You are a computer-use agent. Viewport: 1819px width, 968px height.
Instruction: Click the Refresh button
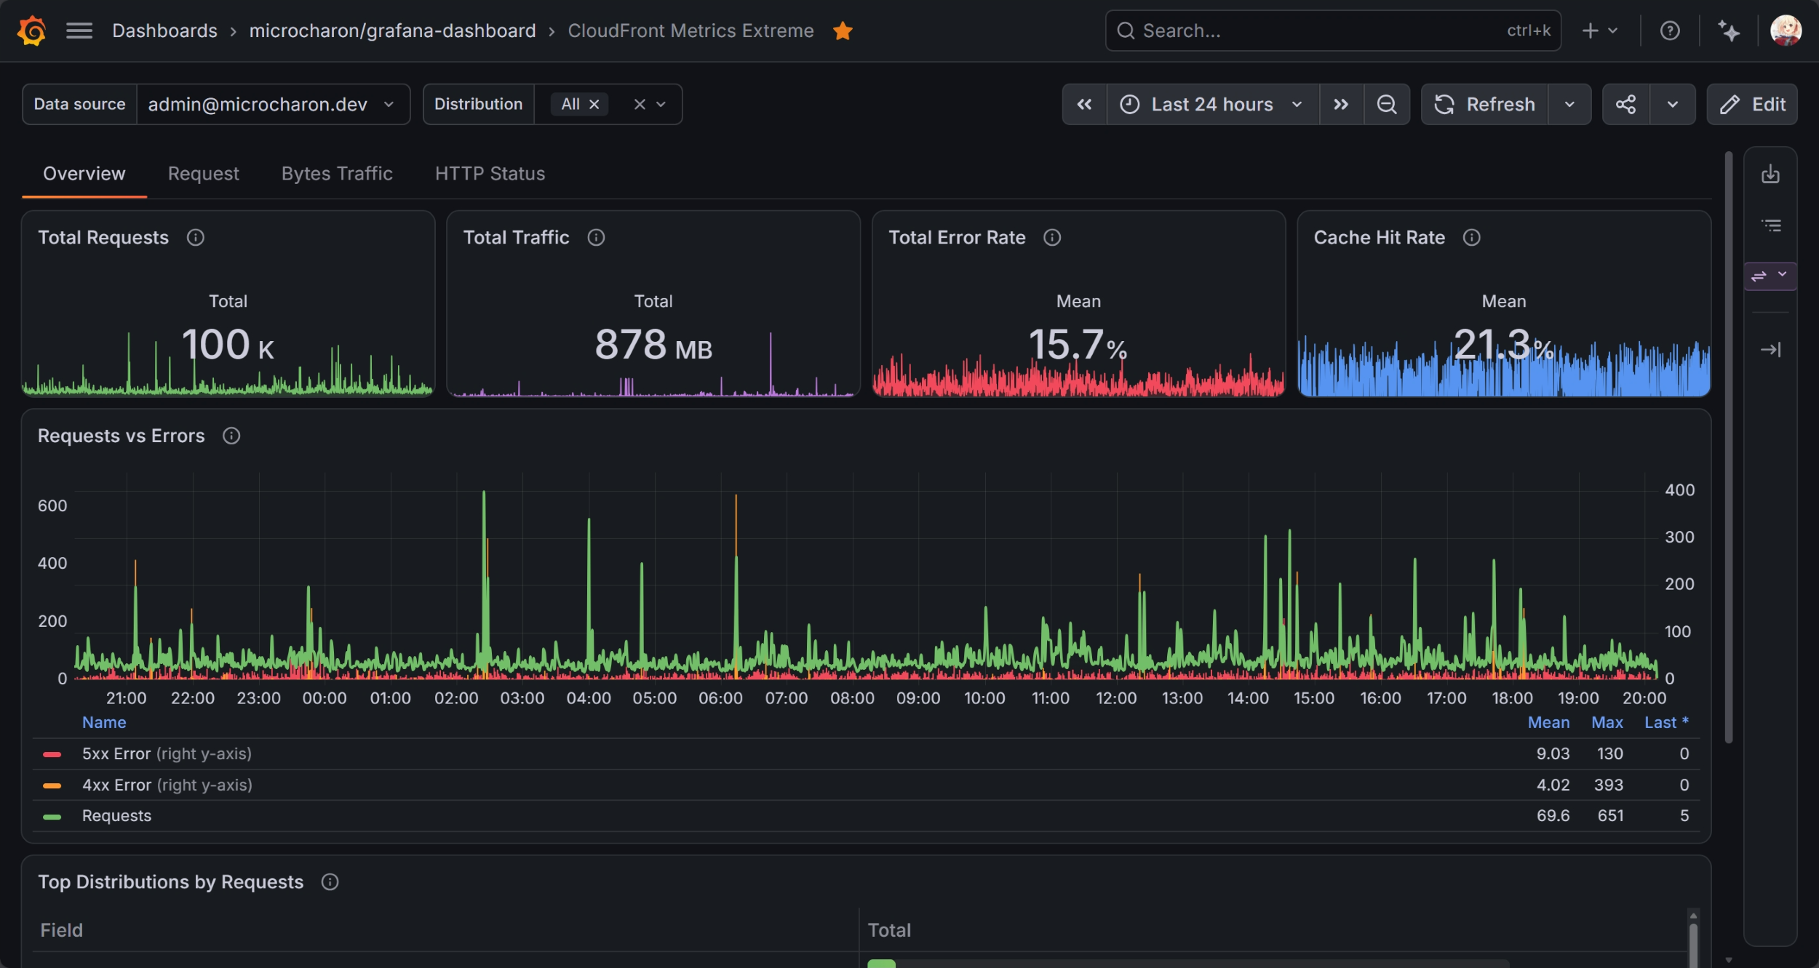[1484, 104]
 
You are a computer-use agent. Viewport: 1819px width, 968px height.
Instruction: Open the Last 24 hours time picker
[1212, 104]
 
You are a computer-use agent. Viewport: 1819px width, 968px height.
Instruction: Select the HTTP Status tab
[490, 174]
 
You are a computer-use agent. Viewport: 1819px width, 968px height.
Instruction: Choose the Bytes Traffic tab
[337, 174]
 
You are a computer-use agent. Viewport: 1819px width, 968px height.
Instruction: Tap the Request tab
[203, 174]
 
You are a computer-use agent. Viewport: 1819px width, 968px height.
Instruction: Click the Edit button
[1752, 104]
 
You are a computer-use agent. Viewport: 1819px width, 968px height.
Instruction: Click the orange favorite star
[843, 31]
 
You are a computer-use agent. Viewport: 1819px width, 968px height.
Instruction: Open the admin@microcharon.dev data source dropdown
[273, 104]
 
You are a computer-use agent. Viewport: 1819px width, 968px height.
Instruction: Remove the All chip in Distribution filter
[594, 104]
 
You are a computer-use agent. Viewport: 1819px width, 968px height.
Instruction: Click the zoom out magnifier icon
[1387, 104]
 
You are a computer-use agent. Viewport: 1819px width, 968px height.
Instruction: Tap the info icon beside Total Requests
[195, 237]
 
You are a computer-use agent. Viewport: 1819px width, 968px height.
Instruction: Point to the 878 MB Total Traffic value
[653, 345]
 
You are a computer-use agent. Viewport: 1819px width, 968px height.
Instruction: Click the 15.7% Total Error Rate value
[1078, 345]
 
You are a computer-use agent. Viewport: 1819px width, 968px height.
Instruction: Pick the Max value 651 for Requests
[1610, 815]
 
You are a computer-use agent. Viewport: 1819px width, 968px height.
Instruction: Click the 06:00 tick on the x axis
[720, 698]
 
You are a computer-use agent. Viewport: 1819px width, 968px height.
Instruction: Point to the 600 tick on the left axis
[52, 505]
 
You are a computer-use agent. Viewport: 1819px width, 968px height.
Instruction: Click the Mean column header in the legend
[1548, 722]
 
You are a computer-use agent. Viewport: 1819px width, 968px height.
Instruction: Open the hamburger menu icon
[79, 31]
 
